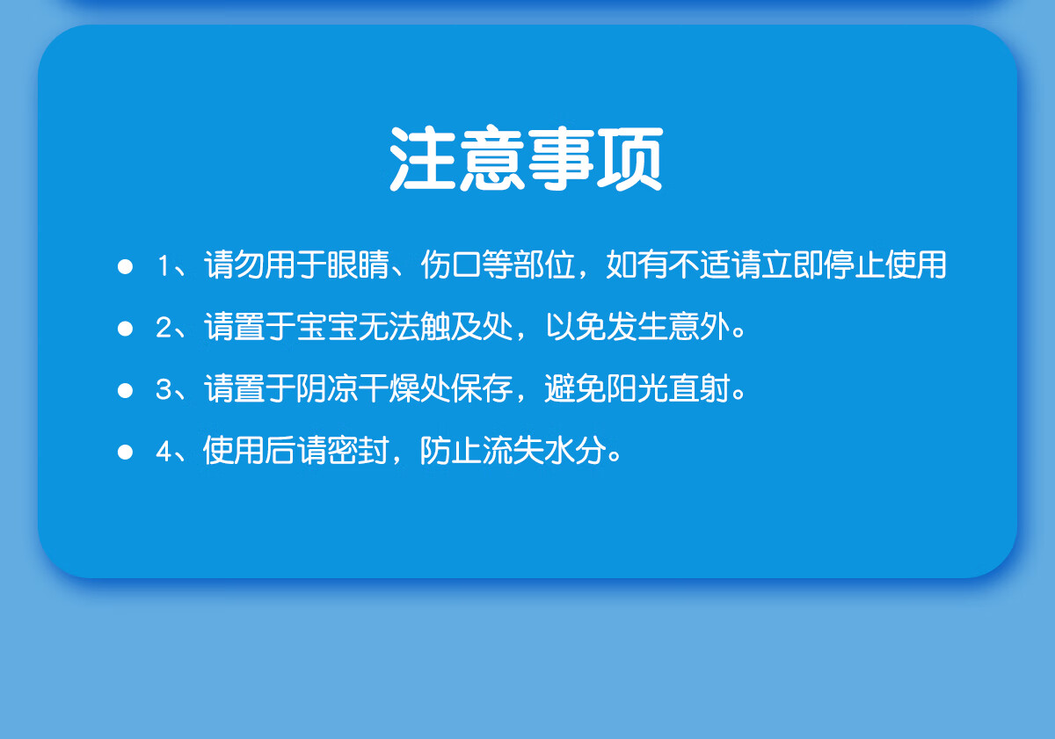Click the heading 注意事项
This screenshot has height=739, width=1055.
(527, 159)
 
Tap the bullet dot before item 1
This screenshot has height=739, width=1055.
(125, 266)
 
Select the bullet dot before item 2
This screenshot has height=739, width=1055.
(125, 329)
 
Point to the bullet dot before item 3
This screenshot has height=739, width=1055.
(125, 390)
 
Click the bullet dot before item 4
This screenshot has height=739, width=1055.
(125, 452)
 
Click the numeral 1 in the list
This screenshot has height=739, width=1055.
(164, 265)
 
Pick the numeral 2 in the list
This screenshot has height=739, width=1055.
(164, 327)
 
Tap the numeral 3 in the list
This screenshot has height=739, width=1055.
(164, 389)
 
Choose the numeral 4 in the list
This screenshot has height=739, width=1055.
(164, 451)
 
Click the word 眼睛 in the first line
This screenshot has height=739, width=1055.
(359, 265)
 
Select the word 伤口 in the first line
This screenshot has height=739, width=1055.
(451, 265)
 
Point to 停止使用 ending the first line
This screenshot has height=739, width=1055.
(885, 265)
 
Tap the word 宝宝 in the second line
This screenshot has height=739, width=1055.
(327, 327)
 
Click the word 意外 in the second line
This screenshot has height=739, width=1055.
(700, 327)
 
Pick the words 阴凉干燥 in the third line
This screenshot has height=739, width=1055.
(359, 388)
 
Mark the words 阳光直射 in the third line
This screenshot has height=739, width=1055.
(669, 388)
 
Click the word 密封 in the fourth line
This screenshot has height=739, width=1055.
(359, 451)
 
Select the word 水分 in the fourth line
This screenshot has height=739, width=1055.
(576, 451)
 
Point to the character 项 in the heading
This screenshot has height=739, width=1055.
(630, 159)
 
